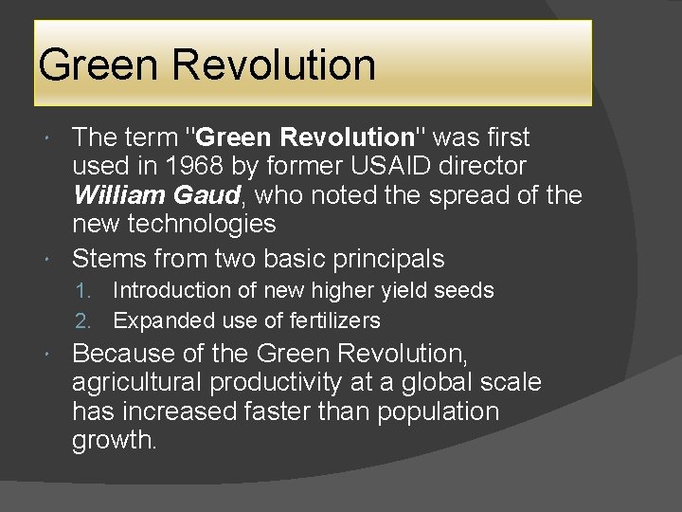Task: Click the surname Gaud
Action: click(x=214, y=195)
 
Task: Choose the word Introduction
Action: click(x=170, y=290)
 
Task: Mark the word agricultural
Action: click(x=136, y=383)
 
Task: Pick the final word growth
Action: click(x=114, y=441)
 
